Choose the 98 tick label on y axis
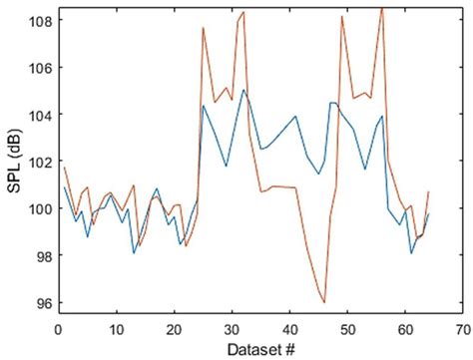(x=40, y=255)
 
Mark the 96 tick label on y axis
(x=40, y=303)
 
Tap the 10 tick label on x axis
(x=117, y=327)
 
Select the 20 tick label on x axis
(x=175, y=327)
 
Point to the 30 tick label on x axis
(x=233, y=327)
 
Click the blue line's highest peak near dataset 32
(x=243, y=90)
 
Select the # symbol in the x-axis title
(x=291, y=348)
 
